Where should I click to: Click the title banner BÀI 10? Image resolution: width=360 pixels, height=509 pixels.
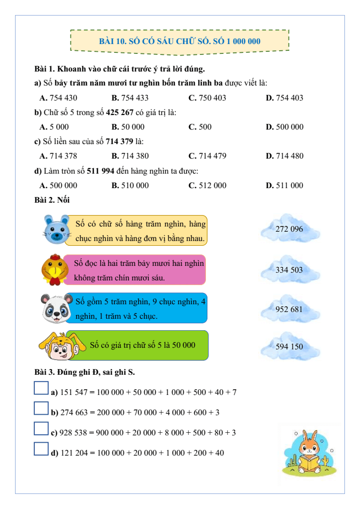(x=179, y=41)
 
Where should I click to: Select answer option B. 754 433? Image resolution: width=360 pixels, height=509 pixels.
(x=130, y=97)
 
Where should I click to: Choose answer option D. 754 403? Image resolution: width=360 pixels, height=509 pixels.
(x=284, y=97)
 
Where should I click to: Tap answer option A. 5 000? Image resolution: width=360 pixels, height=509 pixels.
(x=54, y=127)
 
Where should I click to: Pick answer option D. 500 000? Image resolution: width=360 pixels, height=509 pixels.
(x=284, y=127)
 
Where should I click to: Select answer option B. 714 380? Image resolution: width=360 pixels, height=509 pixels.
(x=130, y=156)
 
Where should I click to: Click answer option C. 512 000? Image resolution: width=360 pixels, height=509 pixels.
(x=207, y=186)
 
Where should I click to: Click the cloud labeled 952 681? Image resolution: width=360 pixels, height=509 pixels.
(x=289, y=309)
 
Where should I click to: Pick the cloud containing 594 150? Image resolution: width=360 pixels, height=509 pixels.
(x=289, y=347)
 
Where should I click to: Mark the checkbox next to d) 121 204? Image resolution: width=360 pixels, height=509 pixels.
(x=41, y=448)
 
